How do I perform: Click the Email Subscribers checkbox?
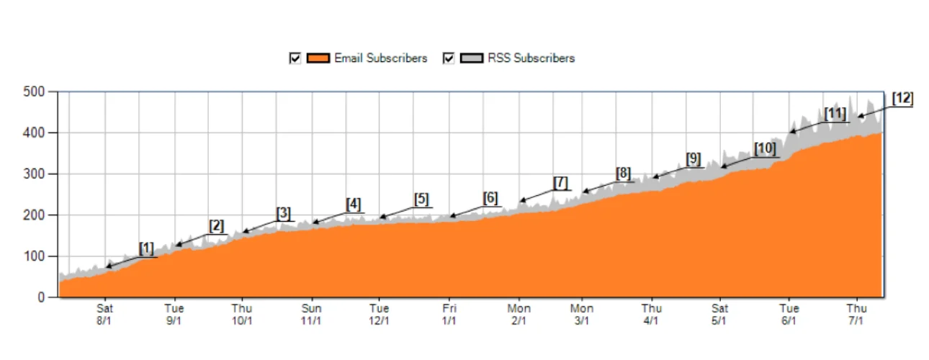point(295,58)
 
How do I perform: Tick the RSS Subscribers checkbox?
point(449,58)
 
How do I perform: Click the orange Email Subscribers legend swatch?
point(318,58)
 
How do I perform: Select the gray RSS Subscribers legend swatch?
point(472,58)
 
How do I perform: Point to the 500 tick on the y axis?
point(34,92)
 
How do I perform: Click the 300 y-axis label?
point(34,174)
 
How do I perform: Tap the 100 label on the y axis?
point(34,256)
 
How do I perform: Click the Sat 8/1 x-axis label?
point(105,315)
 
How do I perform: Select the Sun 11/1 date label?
point(311,315)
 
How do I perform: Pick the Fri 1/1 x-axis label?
point(449,315)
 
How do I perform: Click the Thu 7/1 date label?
point(856,315)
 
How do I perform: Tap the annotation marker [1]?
point(146,248)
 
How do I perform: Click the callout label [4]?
point(353,204)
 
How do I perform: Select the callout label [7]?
point(560,183)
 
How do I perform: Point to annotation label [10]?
point(765,149)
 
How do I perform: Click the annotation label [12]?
point(902,99)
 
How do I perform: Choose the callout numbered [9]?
point(693,158)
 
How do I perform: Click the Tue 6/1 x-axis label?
point(789,315)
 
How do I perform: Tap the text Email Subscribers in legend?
point(380,58)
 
